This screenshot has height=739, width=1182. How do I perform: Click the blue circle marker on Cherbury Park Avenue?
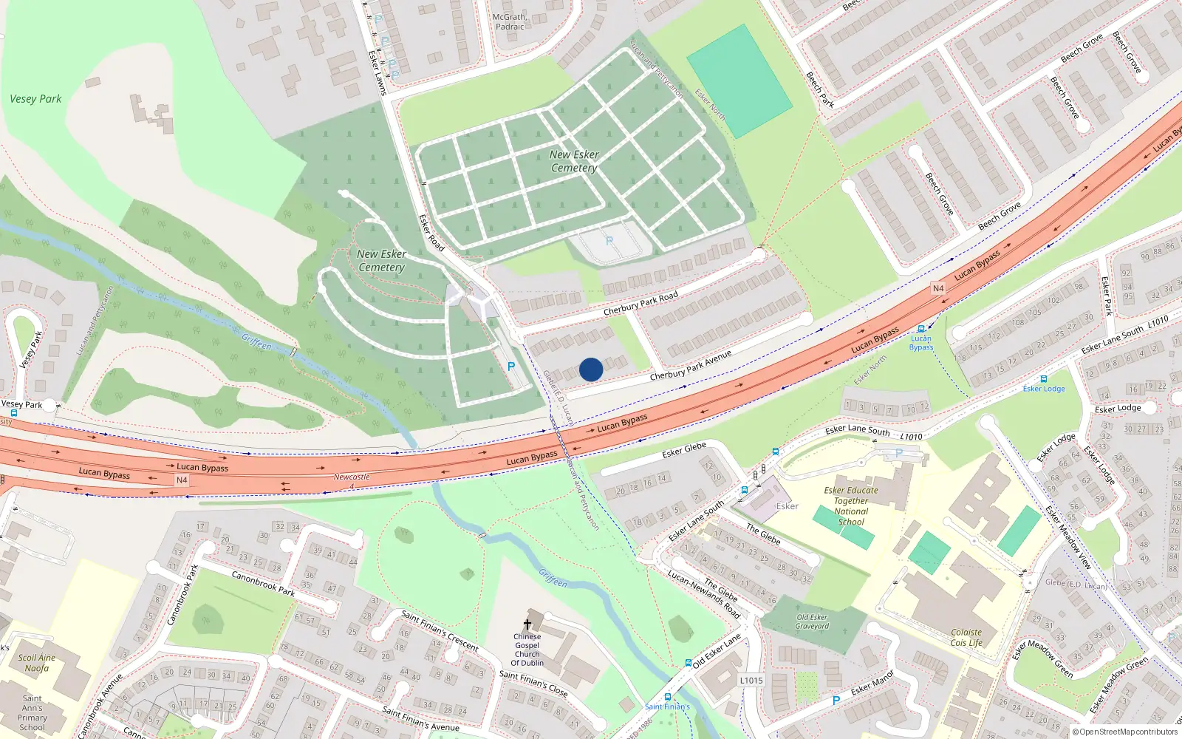(x=591, y=369)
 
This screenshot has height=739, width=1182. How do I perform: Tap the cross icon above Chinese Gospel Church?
(x=527, y=624)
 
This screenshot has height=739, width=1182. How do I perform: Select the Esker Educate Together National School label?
(x=851, y=506)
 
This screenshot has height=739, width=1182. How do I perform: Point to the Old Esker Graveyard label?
(x=812, y=621)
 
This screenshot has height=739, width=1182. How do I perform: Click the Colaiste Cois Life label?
(x=966, y=638)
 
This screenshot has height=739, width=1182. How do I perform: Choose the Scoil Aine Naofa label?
(x=37, y=663)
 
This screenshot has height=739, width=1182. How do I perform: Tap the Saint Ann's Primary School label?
(x=33, y=712)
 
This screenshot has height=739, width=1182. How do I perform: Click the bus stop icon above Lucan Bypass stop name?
(x=920, y=329)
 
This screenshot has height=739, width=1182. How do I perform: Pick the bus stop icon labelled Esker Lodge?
(x=1043, y=379)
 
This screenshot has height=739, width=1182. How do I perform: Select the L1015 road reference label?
(x=751, y=681)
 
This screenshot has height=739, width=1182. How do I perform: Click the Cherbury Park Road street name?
(x=640, y=304)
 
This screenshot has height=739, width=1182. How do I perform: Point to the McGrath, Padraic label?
(x=510, y=22)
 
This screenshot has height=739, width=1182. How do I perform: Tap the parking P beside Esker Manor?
(x=836, y=700)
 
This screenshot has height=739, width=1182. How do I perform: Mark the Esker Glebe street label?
(x=684, y=449)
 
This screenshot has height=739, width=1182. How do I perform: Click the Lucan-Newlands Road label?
(x=703, y=593)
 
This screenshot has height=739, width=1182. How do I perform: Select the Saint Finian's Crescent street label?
(x=440, y=630)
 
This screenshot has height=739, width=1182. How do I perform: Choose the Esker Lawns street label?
(x=377, y=72)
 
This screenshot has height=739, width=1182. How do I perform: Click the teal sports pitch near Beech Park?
(x=739, y=81)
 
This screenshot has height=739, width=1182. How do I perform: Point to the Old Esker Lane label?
(x=717, y=651)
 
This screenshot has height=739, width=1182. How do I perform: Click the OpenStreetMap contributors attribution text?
(x=1124, y=732)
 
